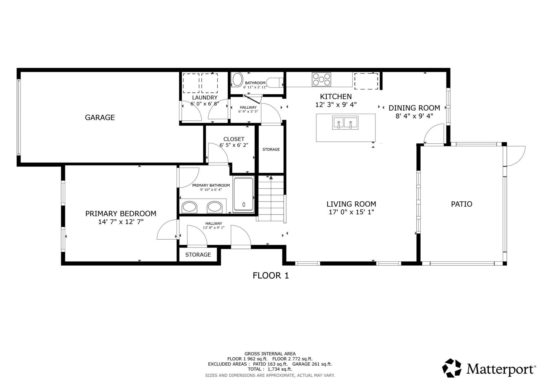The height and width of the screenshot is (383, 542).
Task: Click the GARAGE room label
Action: pyautogui.click(x=100, y=117)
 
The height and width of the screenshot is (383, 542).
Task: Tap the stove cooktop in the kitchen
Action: pyautogui.click(x=321, y=79)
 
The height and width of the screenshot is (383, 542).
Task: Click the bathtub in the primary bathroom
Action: pyautogui.click(x=243, y=194)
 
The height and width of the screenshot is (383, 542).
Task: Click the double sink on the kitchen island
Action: pyautogui.click(x=345, y=123)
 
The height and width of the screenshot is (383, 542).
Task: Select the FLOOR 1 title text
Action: pyautogui.click(x=271, y=275)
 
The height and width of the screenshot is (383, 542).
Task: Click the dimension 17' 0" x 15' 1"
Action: pyautogui.click(x=351, y=212)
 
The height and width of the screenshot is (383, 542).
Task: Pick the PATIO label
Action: pyautogui.click(x=461, y=204)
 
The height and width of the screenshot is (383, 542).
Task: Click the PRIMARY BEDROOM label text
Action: pyautogui.click(x=121, y=214)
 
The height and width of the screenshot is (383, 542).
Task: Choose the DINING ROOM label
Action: pyautogui.click(x=414, y=108)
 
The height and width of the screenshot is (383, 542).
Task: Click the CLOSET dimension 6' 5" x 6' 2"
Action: pyautogui.click(x=234, y=145)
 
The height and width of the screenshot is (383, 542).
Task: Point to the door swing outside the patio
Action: pyautogui.click(x=515, y=156)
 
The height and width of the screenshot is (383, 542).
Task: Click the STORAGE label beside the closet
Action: pyautogui.click(x=271, y=149)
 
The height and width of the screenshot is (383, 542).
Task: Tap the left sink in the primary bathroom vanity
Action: pyautogui.click(x=189, y=207)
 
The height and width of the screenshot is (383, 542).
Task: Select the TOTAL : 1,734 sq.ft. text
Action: pyautogui.click(x=270, y=369)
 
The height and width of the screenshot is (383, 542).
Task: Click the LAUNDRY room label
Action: pyautogui.click(x=205, y=98)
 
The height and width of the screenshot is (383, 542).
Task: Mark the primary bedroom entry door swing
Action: pyautogui.click(x=167, y=230)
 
